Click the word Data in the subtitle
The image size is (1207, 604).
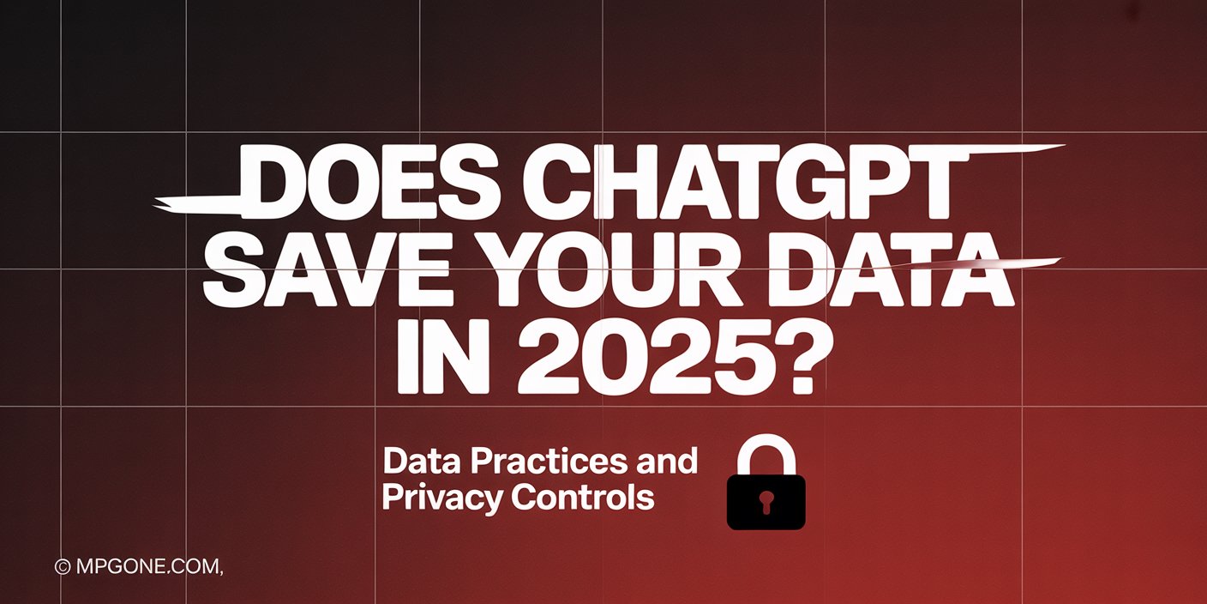point(417,462)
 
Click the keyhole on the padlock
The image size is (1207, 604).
point(766,502)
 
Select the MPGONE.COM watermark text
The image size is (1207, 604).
point(149,567)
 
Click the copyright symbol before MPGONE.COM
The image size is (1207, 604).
point(62,567)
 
